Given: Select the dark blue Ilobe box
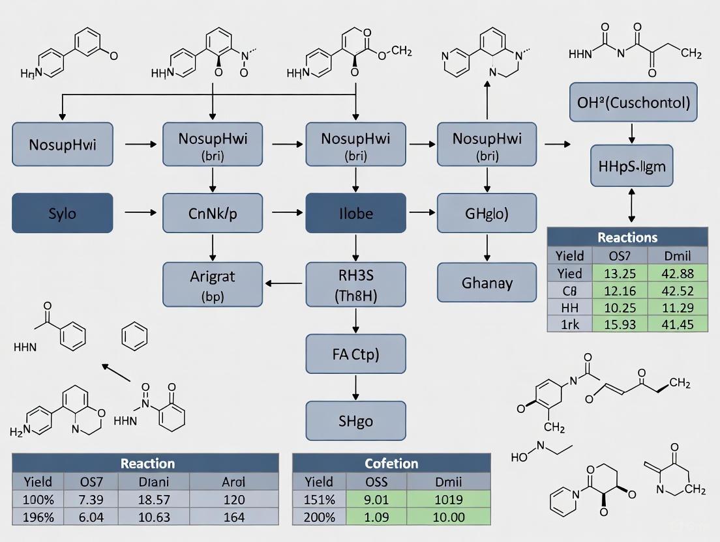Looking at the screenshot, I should (355, 212).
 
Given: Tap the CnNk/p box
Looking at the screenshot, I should (211, 212).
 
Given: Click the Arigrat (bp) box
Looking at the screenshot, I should (211, 285).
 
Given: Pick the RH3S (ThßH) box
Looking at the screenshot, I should (355, 285).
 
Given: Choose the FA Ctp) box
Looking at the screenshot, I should (355, 355).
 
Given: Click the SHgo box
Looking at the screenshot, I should (355, 421).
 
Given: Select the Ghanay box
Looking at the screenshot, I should (487, 283).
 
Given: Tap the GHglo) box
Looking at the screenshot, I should (487, 212).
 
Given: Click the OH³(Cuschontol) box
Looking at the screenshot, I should (633, 102).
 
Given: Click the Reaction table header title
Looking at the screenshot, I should (147, 463).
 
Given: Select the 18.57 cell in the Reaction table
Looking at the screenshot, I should (153, 500).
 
